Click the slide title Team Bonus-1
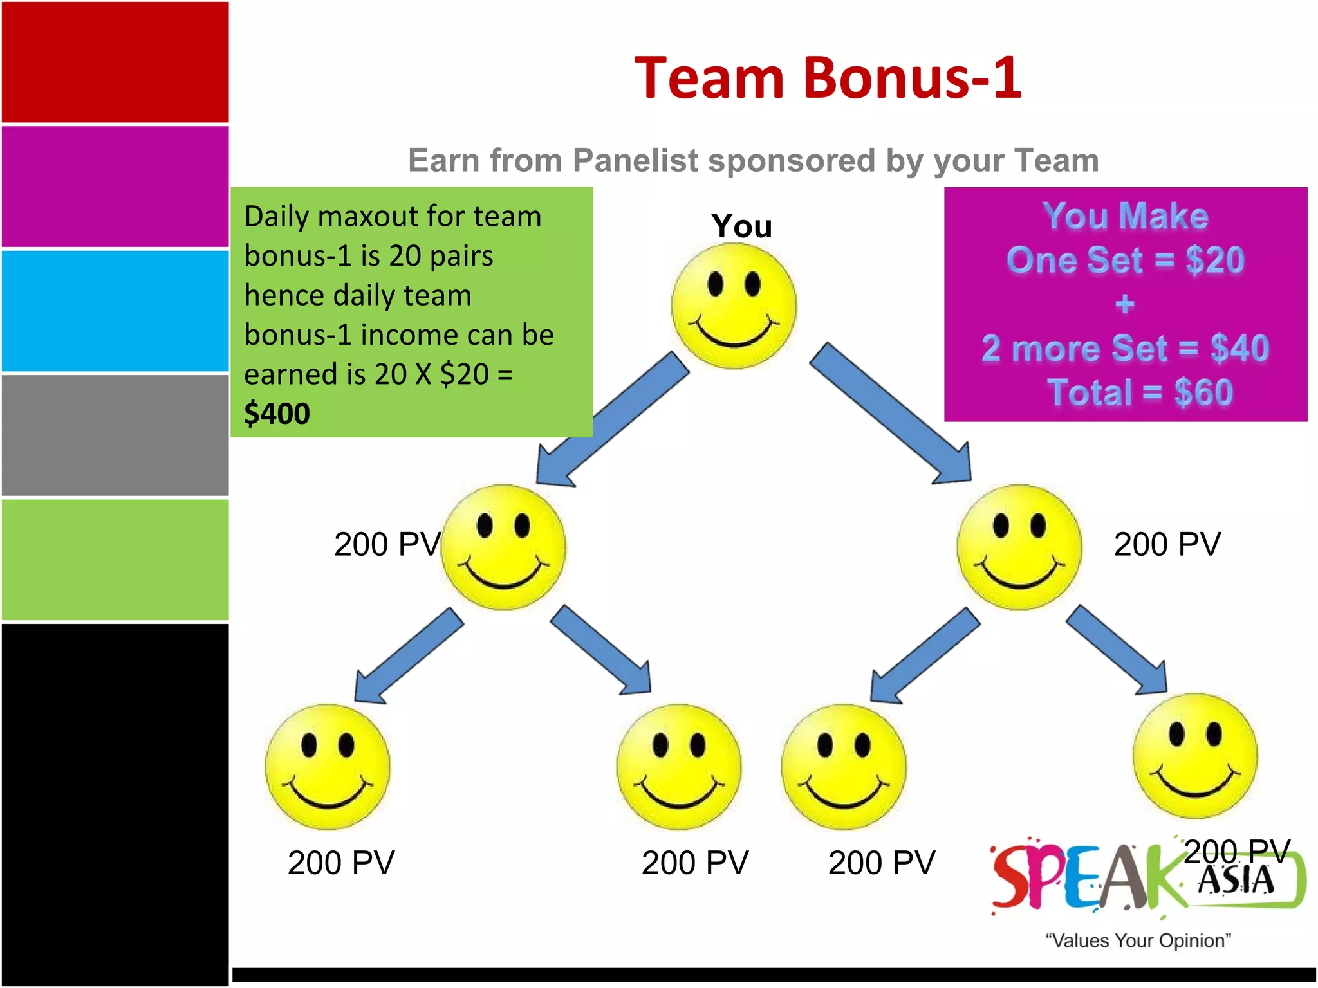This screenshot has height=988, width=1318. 827,78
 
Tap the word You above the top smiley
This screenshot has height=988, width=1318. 741,226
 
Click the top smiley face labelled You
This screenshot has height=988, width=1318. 734,306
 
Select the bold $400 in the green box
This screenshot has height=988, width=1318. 277,413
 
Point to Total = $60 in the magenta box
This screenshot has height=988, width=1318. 1140,392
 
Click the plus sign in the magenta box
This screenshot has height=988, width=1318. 1124,304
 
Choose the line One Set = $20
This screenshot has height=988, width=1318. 1126,260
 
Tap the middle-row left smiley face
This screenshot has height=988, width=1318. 503,547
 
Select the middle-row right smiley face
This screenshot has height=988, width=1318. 1019,547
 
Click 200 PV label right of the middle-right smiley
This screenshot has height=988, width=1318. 1167,544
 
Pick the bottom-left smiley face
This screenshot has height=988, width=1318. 328,766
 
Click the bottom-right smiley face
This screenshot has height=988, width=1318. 1195,756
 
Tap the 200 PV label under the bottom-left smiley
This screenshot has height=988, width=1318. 341,863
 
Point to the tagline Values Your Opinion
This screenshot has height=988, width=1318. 1138,940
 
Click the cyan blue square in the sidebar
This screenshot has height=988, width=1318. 115,311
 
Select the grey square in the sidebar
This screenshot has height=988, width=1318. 115,435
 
